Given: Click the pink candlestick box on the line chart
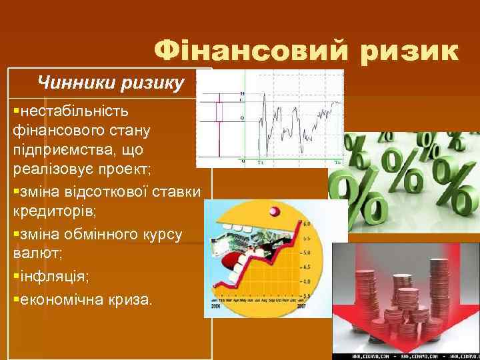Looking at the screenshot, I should [x=218, y=111].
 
